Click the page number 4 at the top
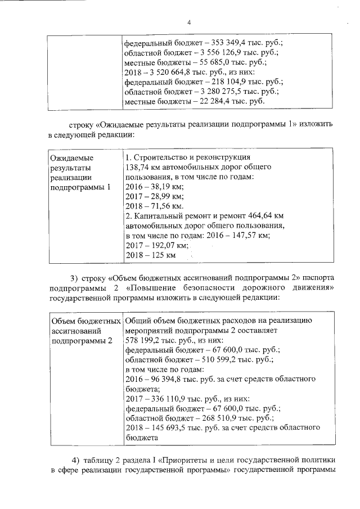point(189,22)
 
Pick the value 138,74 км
point(143,168)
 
